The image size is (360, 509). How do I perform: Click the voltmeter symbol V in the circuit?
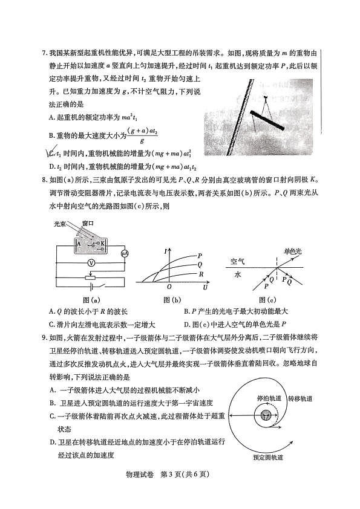pos(90,263)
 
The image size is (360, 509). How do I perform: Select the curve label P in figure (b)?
pos(200,256)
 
